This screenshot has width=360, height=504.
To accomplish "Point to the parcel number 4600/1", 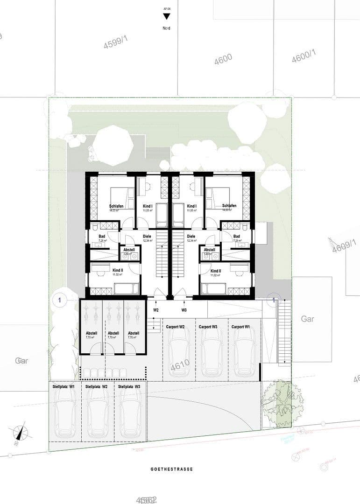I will coord(304,57).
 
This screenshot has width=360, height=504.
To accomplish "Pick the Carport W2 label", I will coord(176,327).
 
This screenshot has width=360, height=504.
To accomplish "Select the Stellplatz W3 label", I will coord(129,387).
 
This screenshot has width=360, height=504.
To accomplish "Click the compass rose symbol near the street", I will coord(20,433).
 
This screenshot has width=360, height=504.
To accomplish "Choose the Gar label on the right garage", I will coord(307,319).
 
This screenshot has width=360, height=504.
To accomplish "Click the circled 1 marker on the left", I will coord(59,300).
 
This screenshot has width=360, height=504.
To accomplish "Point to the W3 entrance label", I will coord(184,310).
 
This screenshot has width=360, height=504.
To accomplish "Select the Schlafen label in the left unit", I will coord(117,206).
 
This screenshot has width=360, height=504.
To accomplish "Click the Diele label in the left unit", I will coord(146,236).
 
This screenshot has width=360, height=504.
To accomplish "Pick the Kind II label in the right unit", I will coord(216,271).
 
